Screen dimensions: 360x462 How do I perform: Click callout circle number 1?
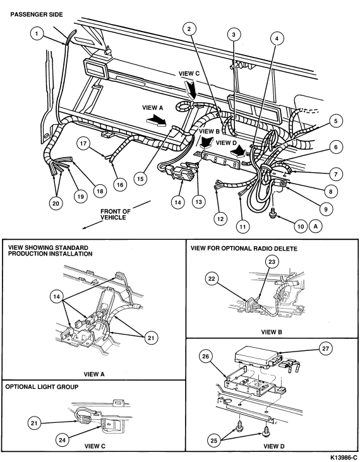click(37, 33)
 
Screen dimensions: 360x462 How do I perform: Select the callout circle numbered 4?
click(277, 38)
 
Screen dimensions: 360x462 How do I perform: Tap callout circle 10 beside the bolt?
click(301, 227)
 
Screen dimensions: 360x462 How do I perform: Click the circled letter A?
click(316, 227)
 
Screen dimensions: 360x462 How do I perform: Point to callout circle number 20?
click(56, 203)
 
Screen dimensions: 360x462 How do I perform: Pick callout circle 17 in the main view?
click(83, 144)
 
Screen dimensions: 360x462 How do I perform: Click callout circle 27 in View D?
click(326, 348)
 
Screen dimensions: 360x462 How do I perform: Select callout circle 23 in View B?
click(272, 262)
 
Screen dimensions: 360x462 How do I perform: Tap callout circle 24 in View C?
click(62, 440)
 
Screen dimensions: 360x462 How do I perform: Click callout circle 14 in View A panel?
click(57, 296)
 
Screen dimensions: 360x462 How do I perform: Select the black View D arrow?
click(238, 152)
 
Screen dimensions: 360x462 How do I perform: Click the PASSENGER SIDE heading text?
click(37, 15)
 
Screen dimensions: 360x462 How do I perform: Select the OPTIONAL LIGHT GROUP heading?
click(42, 386)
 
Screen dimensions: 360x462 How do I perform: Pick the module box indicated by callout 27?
click(257, 355)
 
